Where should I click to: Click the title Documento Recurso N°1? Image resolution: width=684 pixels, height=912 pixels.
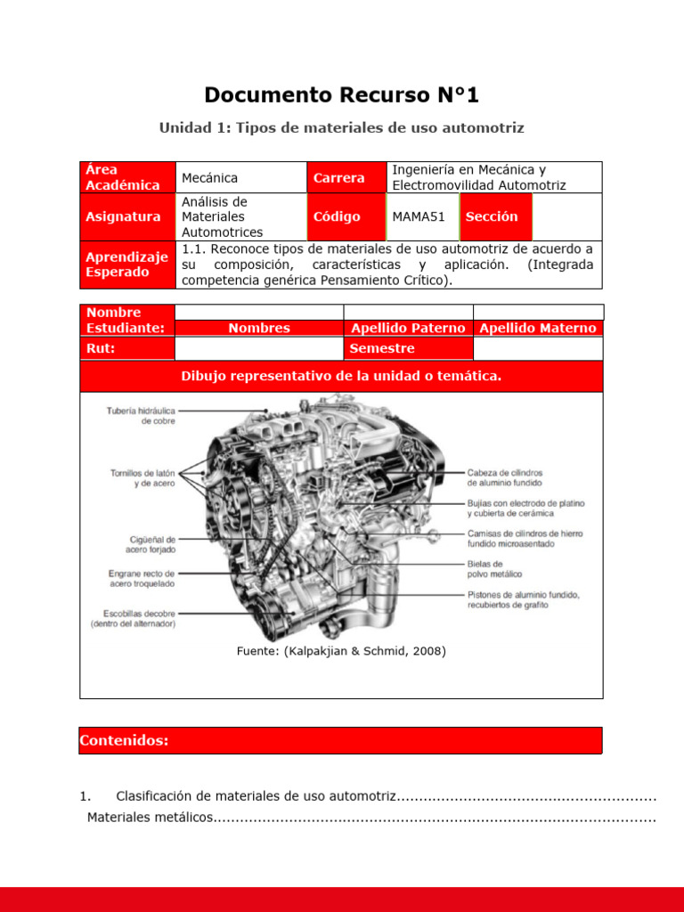pyautogui.click(x=341, y=94)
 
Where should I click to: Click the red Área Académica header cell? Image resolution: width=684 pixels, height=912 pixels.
pyautogui.click(x=127, y=177)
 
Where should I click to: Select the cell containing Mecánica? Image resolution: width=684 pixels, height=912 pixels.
pyautogui.click(x=209, y=178)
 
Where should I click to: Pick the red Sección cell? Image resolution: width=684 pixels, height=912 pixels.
pyautogui.click(x=492, y=216)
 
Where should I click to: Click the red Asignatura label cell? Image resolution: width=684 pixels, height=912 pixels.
pyautogui.click(x=127, y=216)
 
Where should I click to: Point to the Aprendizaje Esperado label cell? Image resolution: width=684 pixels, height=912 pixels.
pyautogui.click(x=127, y=265)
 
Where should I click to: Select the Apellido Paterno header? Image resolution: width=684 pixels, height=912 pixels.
pyautogui.click(x=407, y=328)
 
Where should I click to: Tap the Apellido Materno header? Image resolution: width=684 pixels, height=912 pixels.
pyautogui.click(x=537, y=328)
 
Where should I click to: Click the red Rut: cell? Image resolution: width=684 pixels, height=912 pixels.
pyautogui.click(x=127, y=348)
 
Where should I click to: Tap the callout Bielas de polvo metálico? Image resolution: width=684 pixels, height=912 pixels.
pyautogui.click(x=495, y=569)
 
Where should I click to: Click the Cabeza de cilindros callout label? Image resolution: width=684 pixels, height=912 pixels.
pyautogui.click(x=506, y=477)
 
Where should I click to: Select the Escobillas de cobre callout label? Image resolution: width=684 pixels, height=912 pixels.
pyautogui.click(x=133, y=619)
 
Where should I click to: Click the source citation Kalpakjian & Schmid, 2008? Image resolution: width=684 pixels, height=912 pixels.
pyautogui.click(x=341, y=651)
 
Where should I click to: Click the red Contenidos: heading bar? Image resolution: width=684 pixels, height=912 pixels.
pyautogui.click(x=340, y=741)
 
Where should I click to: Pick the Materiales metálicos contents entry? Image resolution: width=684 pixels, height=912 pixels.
pyautogui.click(x=151, y=818)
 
